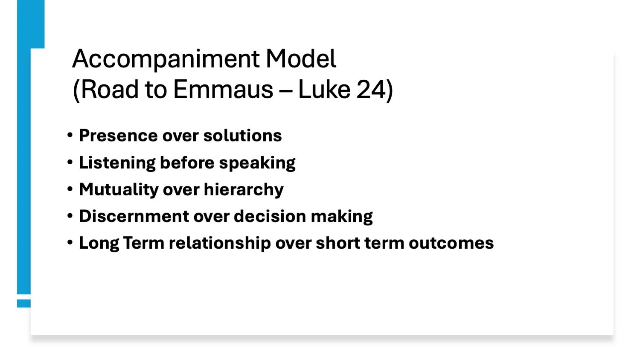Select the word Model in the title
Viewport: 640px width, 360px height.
pos(301,59)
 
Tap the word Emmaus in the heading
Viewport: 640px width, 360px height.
pos(223,90)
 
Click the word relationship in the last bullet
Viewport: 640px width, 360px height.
pos(219,243)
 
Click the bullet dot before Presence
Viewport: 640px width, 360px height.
pos(70,135)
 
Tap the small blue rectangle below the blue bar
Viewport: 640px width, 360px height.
pos(24,303)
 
